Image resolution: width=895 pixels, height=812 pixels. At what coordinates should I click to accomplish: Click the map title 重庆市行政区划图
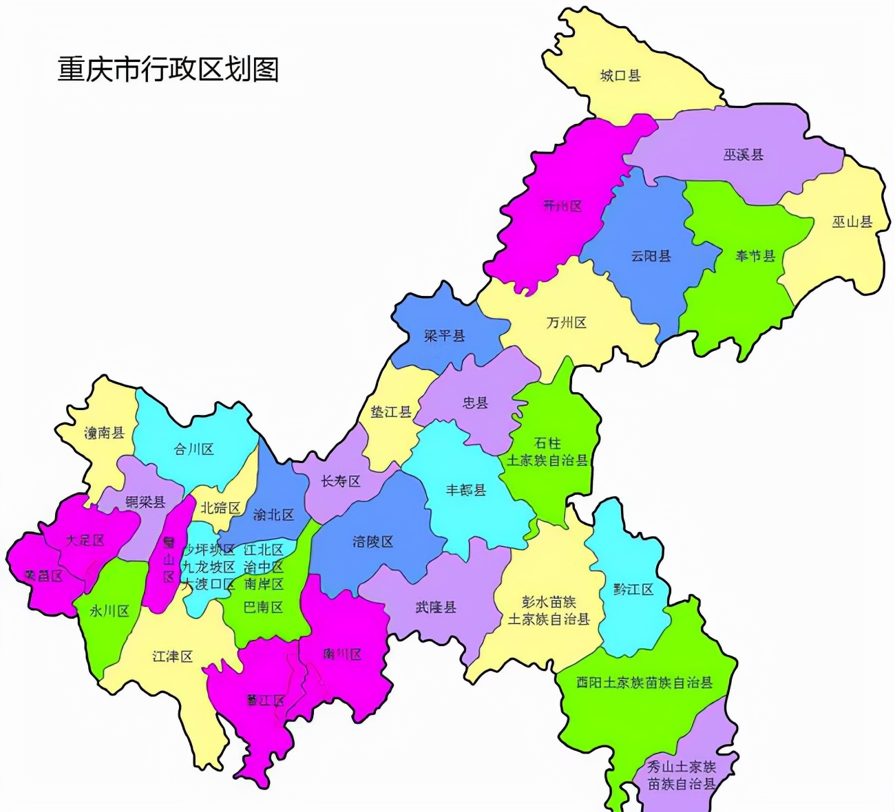pyautogui.click(x=168, y=70)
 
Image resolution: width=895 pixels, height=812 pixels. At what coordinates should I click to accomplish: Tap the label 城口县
pyautogui.click(x=620, y=76)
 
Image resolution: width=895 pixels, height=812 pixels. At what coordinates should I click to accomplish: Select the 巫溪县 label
pyautogui.click(x=744, y=155)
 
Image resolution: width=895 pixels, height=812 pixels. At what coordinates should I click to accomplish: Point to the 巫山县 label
pyautogui.click(x=852, y=222)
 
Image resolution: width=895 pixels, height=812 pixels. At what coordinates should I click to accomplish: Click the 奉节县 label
pyautogui.click(x=755, y=256)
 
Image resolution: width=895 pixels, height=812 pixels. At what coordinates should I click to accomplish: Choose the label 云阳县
pyautogui.click(x=651, y=256)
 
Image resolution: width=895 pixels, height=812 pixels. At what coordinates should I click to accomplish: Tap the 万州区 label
pyautogui.click(x=566, y=322)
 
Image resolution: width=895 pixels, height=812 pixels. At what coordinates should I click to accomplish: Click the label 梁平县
pyautogui.click(x=444, y=336)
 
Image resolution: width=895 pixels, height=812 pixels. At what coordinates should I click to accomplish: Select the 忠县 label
pyautogui.click(x=475, y=403)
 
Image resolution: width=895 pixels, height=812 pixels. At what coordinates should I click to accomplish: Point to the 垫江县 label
pyautogui.click(x=391, y=412)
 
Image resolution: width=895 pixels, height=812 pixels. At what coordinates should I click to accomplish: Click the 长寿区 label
pyautogui.click(x=341, y=481)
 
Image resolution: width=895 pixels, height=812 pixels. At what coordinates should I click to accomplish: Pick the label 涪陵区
pyautogui.click(x=372, y=542)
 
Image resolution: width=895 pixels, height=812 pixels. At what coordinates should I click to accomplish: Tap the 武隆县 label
pyautogui.click(x=435, y=608)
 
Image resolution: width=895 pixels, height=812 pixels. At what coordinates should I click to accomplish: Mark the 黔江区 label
pyautogui.click(x=633, y=590)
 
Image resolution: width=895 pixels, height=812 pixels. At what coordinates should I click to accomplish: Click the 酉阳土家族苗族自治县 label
pyautogui.click(x=644, y=683)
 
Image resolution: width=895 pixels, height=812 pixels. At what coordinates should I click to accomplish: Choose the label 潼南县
pyautogui.click(x=104, y=433)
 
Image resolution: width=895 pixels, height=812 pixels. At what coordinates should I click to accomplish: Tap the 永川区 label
pyautogui.click(x=109, y=610)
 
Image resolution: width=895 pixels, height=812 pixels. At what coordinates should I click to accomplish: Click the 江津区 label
pyautogui.click(x=172, y=656)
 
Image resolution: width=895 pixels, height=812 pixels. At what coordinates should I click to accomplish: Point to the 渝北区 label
pyautogui.click(x=273, y=515)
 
